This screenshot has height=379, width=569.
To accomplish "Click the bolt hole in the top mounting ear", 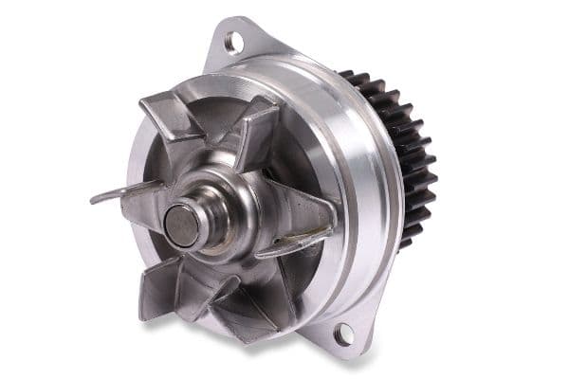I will [x=232, y=42].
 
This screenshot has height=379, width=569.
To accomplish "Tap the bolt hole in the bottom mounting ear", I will [x=343, y=334].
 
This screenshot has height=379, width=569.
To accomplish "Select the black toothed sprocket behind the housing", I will [x=408, y=161].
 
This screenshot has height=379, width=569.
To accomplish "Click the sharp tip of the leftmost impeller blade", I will [x=92, y=200].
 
